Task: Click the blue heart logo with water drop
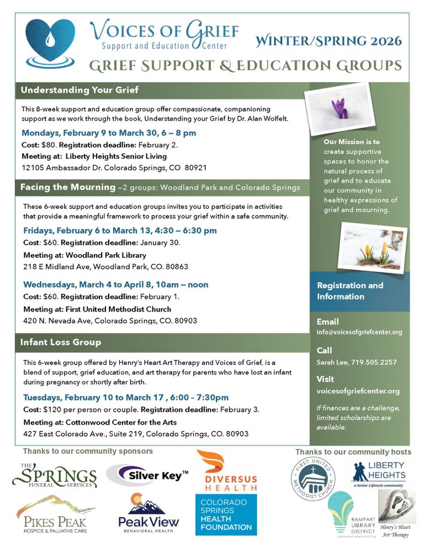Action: click(50, 42)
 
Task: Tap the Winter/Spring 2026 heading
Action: click(328, 41)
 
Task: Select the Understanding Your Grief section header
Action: click(79, 90)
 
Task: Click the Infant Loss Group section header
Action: click(61, 342)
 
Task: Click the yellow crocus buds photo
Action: click(372, 246)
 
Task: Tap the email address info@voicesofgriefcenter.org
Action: click(359, 332)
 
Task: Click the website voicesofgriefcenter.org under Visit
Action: click(358, 391)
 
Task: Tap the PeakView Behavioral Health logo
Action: click(149, 513)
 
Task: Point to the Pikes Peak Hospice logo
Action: click(52, 514)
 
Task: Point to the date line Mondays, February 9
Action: click(109, 133)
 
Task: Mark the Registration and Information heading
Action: click(350, 291)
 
